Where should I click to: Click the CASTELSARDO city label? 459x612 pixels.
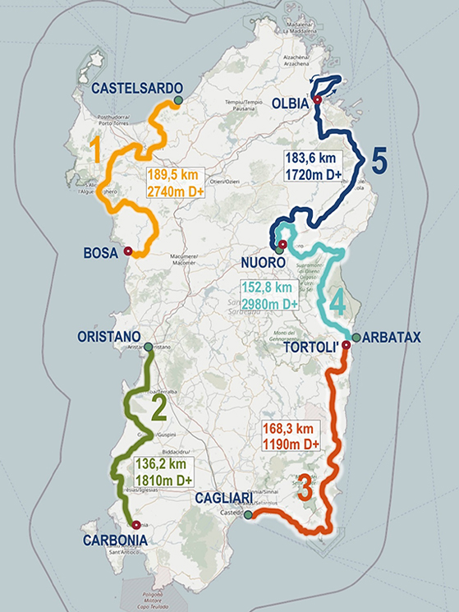[x=131, y=87]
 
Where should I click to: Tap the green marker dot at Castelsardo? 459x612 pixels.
[x=177, y=101]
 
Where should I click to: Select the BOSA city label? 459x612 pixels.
[x=101, y=253]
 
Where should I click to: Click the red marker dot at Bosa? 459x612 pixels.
[x=127, y=252]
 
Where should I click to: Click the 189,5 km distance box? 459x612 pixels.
[x=176, y=182]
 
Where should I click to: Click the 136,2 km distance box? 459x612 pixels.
[x=162, y=472]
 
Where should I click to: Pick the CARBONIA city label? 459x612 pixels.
[x=114, y=540]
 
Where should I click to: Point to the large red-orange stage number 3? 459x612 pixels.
[x=303, y=490]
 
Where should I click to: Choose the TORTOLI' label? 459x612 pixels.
[x=310, y=347]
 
